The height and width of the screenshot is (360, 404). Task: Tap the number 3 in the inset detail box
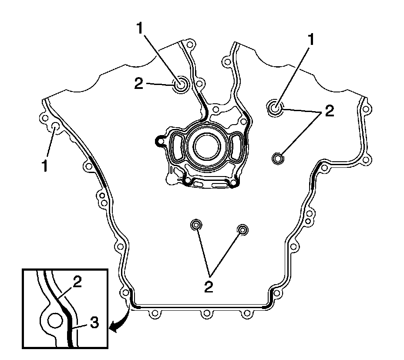coord(94,323)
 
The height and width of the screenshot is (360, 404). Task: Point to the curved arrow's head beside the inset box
coord(113,330)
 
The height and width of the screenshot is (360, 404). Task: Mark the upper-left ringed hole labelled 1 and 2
coord(180,85)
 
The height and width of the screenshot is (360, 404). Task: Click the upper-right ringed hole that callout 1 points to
coord(275,107)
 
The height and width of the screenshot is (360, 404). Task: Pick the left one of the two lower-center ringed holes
coord(196,225)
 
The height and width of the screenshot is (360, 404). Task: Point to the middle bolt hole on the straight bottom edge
coord(206,314)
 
